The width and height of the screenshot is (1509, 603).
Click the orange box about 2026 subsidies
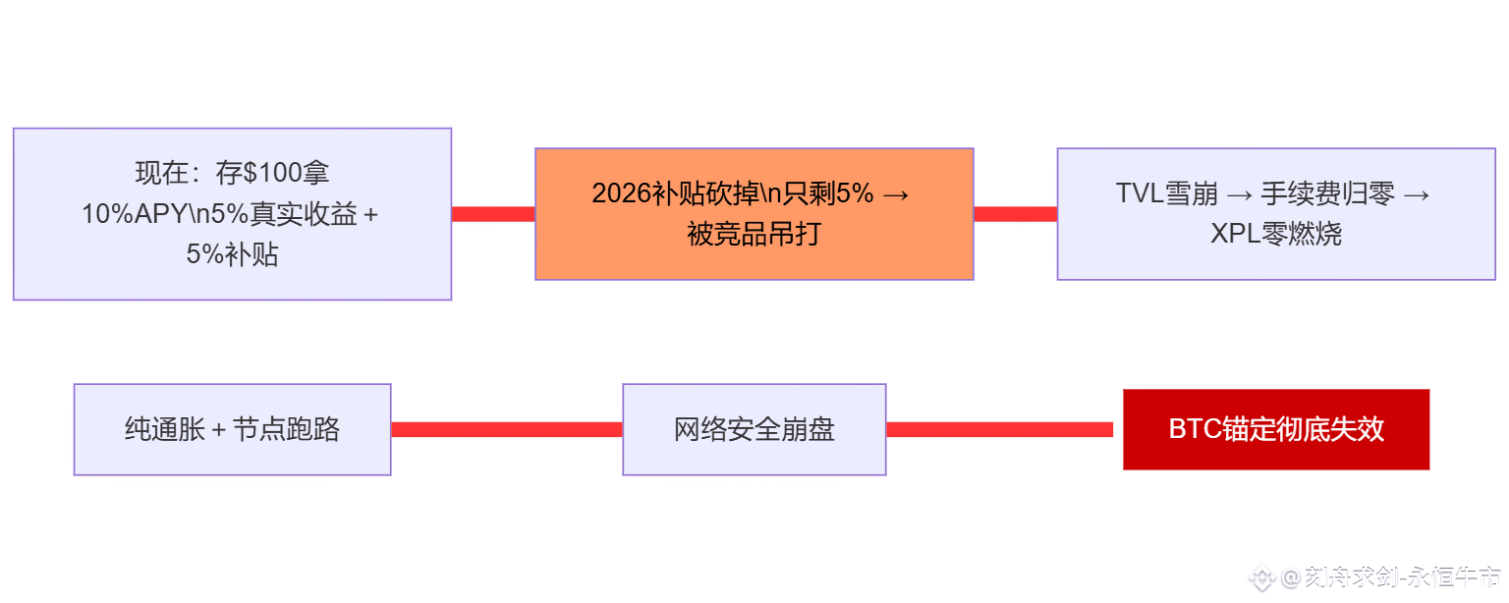pyautogui.click(x=754, y=214)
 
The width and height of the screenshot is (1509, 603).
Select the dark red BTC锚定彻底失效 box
pyautogui.click(x=1275, y=429)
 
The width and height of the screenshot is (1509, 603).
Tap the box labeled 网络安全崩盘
pyautogui.click(x=754, y=429)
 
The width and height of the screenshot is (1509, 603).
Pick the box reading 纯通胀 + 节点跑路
pyautogui.click(x=232, y=429)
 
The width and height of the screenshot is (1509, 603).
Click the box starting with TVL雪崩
pyautogui.click(x=1275, y=214)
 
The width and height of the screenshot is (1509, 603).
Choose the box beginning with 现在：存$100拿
pyautogui.click(x=232, y=214)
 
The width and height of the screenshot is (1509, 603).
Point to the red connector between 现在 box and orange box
pyautogui.click(x=493, y=214)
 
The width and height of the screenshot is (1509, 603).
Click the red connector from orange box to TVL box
pyautogui.click(x=1015, y=214)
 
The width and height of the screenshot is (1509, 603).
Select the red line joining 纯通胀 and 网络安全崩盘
pyautogui.click(x=507, y=429)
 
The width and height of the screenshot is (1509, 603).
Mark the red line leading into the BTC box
pyautogui.click(x=999, y=429)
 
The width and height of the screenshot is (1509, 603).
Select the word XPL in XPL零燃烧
pyautogui.click(x=1232, y=234)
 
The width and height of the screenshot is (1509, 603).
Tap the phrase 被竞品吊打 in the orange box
pyautogui.click(x=754, y=235)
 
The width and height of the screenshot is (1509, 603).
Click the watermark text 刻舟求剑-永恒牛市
pyautogui.click(x=1403, y=577)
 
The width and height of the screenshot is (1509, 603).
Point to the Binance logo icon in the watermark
pyautogui.click(x=1262, y=578)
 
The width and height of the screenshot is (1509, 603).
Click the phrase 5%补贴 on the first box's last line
pyautogui.click(x=232, y=255)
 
